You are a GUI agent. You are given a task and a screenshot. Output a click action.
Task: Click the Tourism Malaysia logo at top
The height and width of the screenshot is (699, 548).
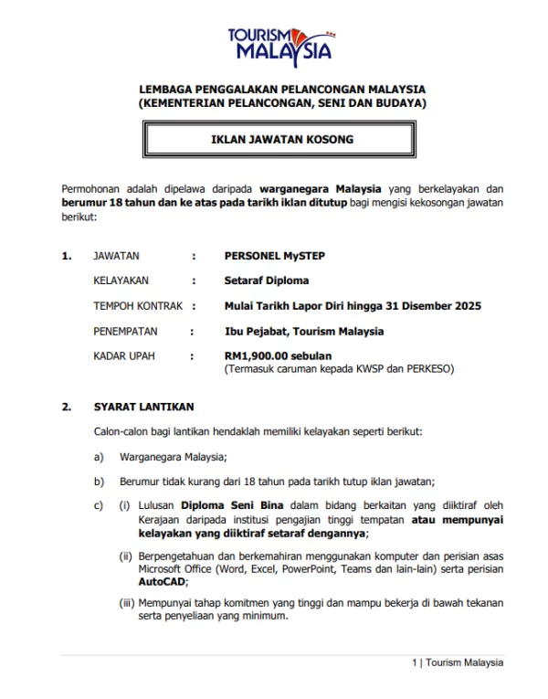coord(281,44)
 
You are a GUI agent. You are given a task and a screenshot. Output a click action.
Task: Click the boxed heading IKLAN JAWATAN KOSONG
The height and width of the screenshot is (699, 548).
coord(281,140)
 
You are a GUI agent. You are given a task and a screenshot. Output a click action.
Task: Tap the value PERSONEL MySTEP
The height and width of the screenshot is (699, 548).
coord(274,256)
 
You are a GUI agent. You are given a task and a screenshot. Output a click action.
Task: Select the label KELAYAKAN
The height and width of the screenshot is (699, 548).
coord(121,281)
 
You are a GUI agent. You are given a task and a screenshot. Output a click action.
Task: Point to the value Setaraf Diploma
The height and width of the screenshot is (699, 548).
coord(267,281)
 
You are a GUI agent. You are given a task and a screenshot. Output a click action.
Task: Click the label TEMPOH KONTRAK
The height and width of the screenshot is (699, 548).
coord(138,305)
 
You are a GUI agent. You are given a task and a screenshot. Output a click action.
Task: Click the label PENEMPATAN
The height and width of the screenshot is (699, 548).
coord(126,331)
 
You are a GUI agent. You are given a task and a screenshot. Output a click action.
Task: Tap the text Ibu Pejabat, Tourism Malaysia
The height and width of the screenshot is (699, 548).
coord(304,331)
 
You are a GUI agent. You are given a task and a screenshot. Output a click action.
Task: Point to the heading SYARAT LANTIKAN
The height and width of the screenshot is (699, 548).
coord(143,407)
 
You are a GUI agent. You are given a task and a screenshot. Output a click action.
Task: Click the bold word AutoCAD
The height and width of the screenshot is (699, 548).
coord(160,580)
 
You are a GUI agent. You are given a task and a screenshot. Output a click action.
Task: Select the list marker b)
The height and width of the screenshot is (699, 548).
coord(99,481)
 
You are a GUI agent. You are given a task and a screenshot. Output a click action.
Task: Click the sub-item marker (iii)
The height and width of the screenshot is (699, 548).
coord(126,602)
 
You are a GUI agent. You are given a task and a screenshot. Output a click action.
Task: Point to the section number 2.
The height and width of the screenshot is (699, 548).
coord(66,407)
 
